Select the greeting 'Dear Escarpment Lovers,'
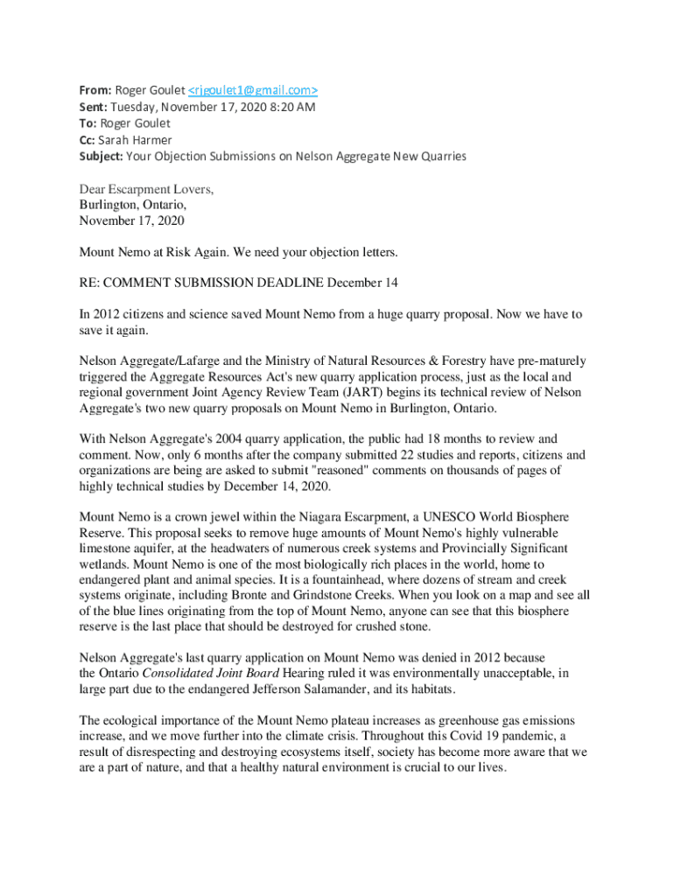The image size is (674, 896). (x=146, y=190)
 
